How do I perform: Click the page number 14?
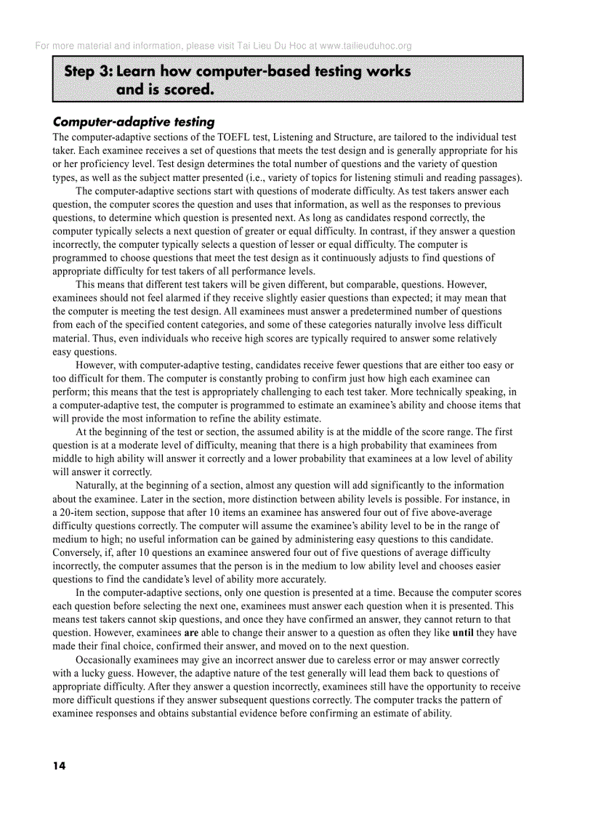(x=59, y=766)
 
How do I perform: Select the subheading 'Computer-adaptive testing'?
(x=133, y=122)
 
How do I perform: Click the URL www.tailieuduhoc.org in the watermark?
(x=366, y=46)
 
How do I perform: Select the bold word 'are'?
(x=192, y=633)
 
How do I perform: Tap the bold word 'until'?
(x=463, y=633)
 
